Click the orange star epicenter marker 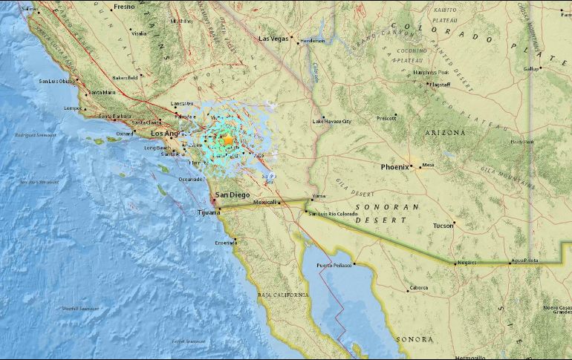tap(228, 140)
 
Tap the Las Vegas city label tap(273, 39)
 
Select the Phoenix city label tap(394, 167)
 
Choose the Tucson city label tap(443, 225)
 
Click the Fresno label tap(124, 7)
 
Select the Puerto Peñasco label tap(332, 265)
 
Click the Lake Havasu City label tap(331, 121)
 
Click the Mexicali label tap(264, 202)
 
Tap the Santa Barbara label tap(114, 116)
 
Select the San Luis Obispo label tap(57, 80)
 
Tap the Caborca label tap(417, 289)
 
